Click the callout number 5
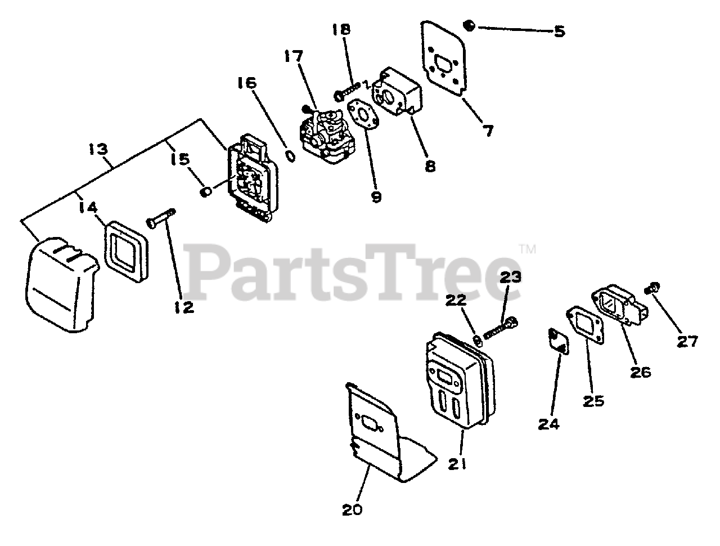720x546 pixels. pyautogui.click(x=559, y=31)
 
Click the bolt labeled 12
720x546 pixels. pyautogui.click(x=161, y=218)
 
